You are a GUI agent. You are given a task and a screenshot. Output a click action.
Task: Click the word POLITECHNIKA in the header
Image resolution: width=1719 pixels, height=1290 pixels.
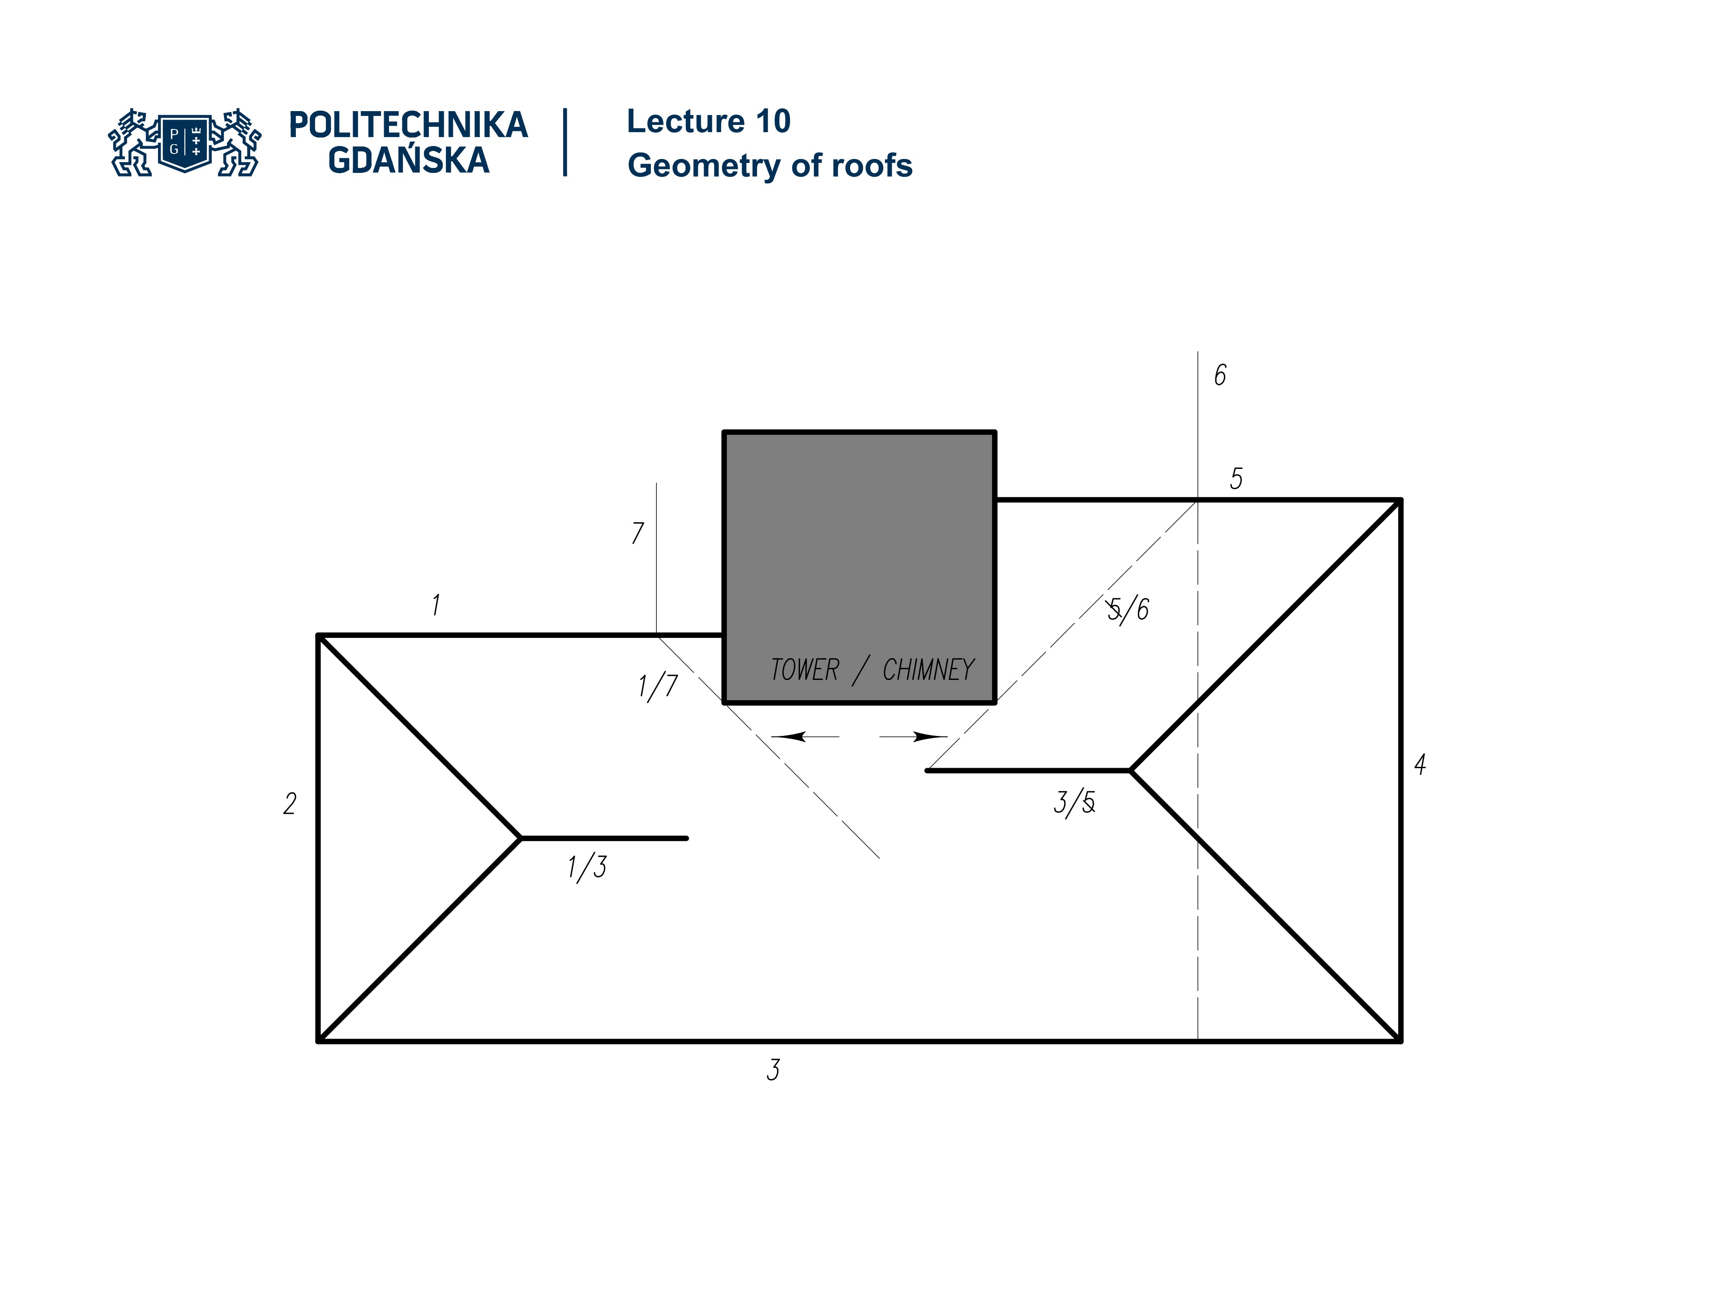[408, 125]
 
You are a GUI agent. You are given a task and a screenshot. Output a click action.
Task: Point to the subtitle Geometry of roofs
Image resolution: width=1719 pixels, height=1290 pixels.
[770, 166]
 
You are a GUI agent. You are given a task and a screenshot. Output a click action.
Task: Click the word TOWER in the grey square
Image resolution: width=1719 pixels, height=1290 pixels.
[804, 670]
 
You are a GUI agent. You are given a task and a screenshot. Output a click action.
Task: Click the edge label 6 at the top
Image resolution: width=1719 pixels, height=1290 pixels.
[1220, 375]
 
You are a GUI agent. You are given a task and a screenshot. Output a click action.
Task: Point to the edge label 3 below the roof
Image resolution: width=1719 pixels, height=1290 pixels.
[773, 1070]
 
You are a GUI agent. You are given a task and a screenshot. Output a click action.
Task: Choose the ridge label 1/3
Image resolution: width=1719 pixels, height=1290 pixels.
[587, 867]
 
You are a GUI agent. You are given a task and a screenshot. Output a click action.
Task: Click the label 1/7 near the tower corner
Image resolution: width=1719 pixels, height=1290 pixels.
[658, 687]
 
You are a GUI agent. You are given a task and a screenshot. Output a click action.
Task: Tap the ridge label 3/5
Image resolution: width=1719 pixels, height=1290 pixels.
[1074, 803]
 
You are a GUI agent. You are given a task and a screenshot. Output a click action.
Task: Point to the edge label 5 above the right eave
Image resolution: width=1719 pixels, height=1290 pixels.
[1236, 478]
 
